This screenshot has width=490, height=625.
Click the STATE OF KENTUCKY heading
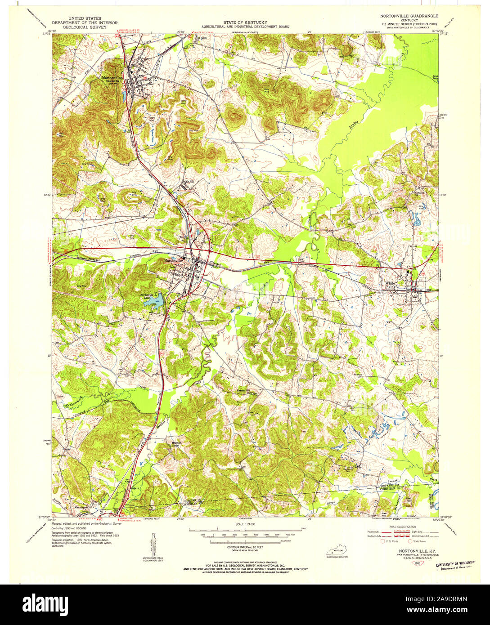click(x=245, y=22)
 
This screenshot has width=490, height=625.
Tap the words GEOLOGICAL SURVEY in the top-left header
click(x=79, y=27)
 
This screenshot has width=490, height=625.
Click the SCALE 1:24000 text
click(x=245, y=524)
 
